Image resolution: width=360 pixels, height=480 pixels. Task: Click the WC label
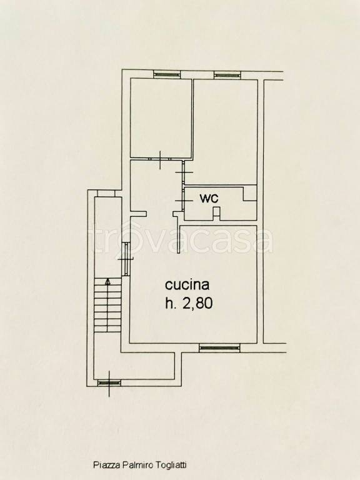(209, 198)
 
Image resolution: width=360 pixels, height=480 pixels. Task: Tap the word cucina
(187, 285)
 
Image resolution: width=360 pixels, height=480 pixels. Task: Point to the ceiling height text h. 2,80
(189, 303)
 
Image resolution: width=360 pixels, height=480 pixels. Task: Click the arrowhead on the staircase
(107, 282)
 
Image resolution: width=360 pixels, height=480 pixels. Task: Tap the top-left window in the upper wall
(166, 74)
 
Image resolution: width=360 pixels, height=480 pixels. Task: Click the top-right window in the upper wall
(227, 74)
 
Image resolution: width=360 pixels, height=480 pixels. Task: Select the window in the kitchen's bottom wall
(219, 347)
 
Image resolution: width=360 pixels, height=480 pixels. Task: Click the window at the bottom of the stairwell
(109, 382)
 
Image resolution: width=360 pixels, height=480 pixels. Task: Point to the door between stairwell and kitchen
(126, 259)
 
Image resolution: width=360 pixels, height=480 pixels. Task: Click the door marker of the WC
(184, 201)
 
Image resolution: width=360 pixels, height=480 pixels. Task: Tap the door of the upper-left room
(161, 159)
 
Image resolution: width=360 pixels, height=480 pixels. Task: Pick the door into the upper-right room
(184, 173)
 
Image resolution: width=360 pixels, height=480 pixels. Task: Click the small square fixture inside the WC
(216, 212)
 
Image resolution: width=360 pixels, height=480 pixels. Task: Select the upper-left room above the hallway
(161, 118)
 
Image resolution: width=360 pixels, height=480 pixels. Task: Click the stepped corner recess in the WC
(250, 193)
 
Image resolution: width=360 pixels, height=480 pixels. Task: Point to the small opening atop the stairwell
(106, 194)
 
